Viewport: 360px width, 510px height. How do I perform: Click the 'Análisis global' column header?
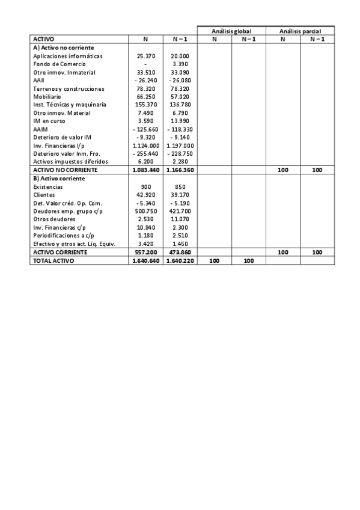[x=231, y=31]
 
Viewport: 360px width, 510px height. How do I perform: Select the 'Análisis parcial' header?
[x=300, y=31]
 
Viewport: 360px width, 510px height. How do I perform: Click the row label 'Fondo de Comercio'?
[x=59, y=64]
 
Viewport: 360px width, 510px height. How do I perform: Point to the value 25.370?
[x=145, y=56]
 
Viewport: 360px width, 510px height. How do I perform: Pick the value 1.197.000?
[x=180, y=146]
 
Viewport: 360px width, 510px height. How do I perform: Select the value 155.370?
[x=145, y=105]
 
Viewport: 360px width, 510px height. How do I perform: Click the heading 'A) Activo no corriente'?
[x=64, y=47]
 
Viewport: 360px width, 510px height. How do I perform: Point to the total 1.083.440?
[x=145, y=170]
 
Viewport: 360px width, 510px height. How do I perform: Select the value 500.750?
[x=145, y=212]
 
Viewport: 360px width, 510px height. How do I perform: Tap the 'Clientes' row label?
[x=44, y=195]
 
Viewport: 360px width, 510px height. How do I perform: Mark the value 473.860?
[x=180, y=253]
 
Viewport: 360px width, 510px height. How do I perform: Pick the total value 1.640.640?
[x=145, y=261]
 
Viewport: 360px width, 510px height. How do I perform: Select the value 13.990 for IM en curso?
[x=180, y=121]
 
